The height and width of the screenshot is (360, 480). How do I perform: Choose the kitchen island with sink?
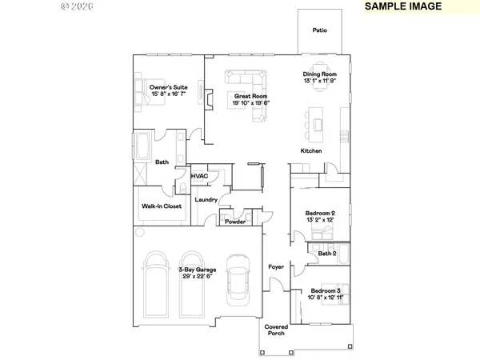[x=315, y=122]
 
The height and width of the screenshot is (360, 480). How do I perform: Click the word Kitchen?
[x=311, y=151]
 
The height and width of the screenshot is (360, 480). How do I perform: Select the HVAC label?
[x=200, y=176]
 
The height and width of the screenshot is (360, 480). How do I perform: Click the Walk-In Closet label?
[x=162, y=206]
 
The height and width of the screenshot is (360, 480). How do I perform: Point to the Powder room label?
[x=234, y=222]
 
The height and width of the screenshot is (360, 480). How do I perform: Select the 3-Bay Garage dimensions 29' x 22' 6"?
[x=194, y=276]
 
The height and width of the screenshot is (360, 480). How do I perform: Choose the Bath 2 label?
[x=326, y=254]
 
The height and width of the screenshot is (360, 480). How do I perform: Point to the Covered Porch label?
[x=276, y=331]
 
